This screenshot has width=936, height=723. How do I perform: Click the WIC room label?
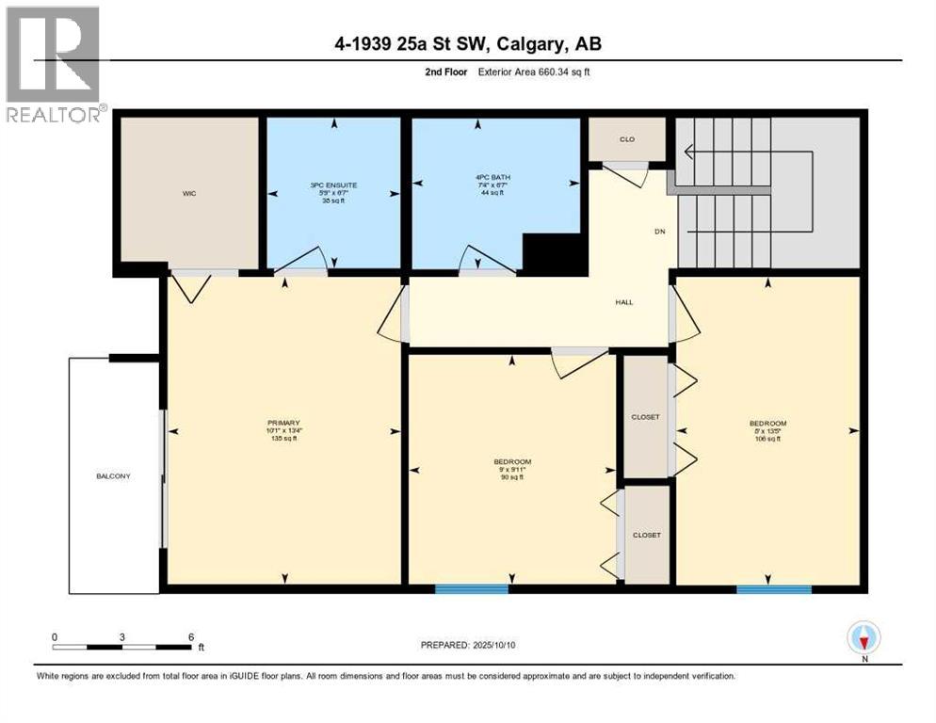189,193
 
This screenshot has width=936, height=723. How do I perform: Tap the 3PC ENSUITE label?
334,185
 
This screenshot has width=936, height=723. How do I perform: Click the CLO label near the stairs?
626,139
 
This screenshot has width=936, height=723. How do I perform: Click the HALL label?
623,302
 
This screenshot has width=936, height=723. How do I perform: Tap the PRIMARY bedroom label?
283,423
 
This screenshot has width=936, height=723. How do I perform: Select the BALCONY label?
113,476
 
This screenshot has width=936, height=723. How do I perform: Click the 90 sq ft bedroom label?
512,461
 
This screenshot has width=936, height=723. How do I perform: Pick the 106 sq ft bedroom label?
767,423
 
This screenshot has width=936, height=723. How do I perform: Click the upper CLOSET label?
646,416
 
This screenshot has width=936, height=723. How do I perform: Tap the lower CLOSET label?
646,535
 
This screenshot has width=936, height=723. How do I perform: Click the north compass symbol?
863,638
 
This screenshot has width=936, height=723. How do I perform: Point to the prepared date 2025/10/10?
469,645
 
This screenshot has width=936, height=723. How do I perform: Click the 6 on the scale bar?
191,636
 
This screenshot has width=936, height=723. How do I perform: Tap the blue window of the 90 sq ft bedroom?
472,589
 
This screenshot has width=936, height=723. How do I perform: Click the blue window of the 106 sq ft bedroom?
774,589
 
